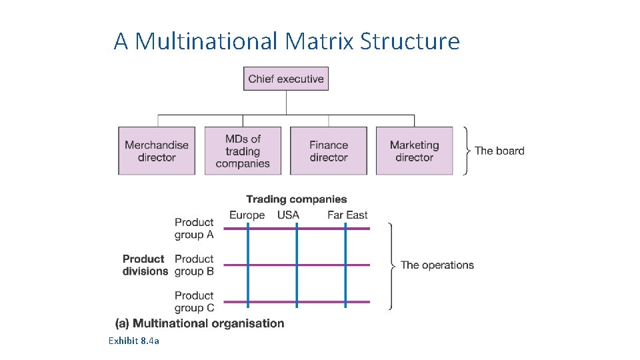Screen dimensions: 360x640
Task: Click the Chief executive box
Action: pos(286,79)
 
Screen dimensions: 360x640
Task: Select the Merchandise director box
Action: pos(157,151)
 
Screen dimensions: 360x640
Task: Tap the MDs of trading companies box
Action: pos(243,151)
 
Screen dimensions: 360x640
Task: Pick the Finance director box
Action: pos(329,151)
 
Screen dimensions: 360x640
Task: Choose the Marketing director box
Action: pos(414,151)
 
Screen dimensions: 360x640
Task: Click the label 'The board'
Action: pos(499,151)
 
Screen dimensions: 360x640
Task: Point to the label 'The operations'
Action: pos(437,265)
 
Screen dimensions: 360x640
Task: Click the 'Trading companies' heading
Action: pos(297,199)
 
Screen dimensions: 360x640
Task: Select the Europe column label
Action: pos(247,215)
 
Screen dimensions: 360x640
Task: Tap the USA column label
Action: pos(288,215)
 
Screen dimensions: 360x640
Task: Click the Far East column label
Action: pos(347,215)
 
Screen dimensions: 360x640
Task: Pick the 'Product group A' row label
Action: pos(194,228)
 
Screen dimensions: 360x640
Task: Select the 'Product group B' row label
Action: pos(194,265)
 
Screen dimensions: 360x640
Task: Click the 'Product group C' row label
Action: pos(194,301)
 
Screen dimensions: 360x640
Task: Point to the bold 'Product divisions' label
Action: pos(145,265)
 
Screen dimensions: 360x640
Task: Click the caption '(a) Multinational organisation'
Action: pos(200,323)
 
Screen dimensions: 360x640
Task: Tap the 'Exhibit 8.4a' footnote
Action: pos(133,341)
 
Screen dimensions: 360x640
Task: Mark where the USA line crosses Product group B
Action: pos(297,265)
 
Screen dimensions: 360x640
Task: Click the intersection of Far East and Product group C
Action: pos(345,301)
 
